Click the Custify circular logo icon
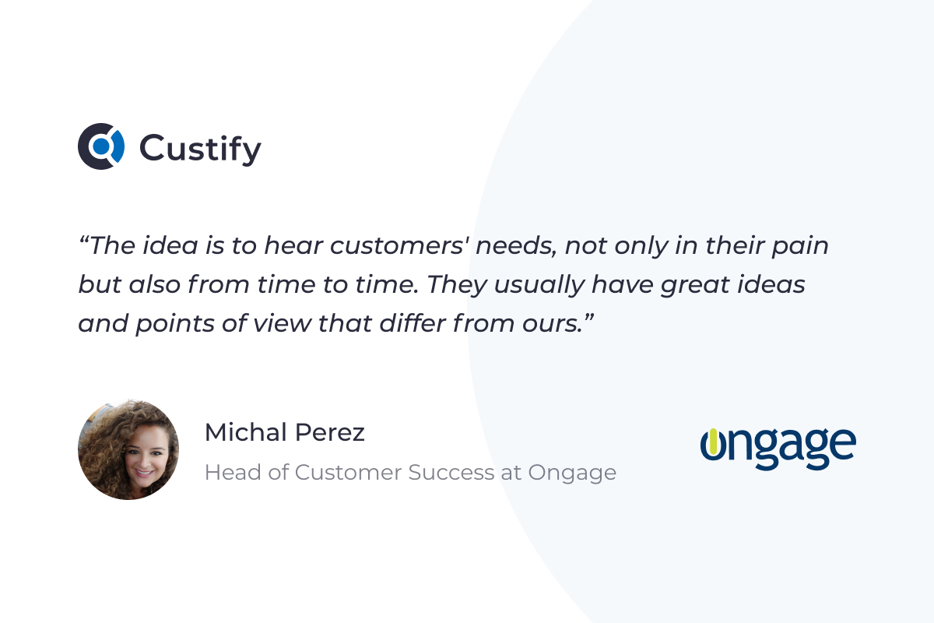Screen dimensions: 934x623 coord(101,146)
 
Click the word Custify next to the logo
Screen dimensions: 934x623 coord(200,149)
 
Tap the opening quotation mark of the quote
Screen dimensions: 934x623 coord(83,240)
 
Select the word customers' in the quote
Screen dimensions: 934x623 coord(399,245)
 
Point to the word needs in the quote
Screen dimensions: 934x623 coord(516,245)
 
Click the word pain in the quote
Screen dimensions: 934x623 coord(800,246)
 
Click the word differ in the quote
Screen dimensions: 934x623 coord(413,323)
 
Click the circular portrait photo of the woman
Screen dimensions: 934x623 coord(128,449)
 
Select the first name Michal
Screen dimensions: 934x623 coord(246,432)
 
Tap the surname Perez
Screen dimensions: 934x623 coord(330,432)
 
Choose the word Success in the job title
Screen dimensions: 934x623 coord(451,473)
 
